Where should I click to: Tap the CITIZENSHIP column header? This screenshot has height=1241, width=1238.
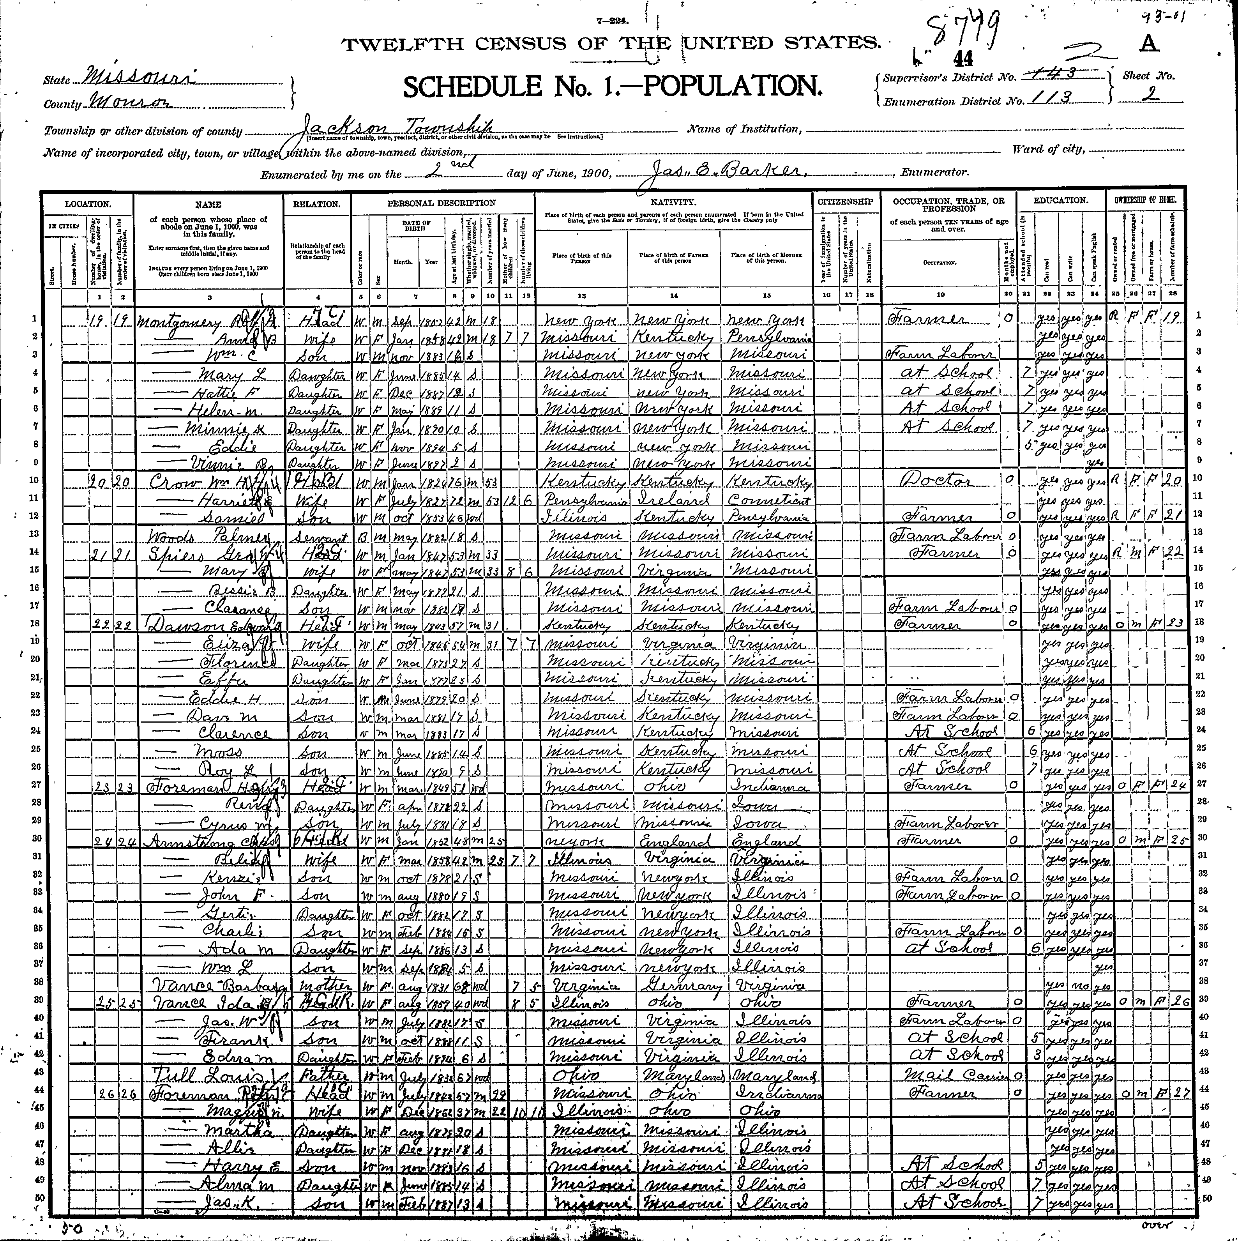coord(845,202)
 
